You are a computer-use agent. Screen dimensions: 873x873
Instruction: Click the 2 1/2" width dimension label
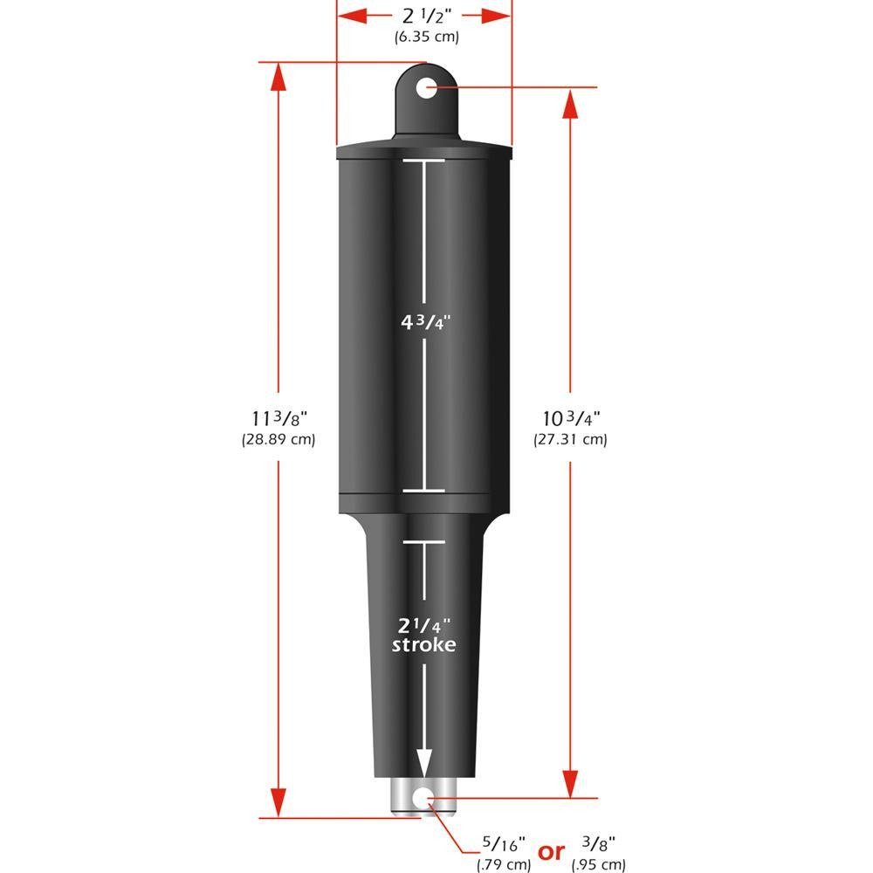(424, 15)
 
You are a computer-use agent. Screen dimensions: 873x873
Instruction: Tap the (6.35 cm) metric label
(424, 38)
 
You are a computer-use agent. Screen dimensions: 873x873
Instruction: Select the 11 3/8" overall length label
(278, 418)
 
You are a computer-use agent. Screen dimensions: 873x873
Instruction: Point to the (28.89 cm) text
(278, 440)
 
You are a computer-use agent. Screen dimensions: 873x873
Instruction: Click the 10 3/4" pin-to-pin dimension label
(570, 418)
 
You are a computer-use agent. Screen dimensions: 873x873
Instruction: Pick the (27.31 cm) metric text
(570, 440)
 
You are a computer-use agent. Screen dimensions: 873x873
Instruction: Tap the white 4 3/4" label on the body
(424, 321)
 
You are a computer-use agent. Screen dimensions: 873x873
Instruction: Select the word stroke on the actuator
(424, 646)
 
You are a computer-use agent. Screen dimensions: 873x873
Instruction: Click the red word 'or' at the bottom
(552, 852)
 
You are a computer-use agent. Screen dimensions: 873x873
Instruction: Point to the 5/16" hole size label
(504, 845)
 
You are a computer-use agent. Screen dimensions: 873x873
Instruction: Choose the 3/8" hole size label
(598, 844)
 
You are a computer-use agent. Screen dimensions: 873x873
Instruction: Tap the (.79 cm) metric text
(504, 865)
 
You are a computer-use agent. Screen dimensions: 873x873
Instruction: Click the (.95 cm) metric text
(598, 865)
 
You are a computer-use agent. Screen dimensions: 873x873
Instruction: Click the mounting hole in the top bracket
(426, 87)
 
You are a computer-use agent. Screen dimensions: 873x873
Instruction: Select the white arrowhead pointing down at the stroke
(424, 761)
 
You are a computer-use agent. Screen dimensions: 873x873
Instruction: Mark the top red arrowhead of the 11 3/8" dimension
(278, 78)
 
